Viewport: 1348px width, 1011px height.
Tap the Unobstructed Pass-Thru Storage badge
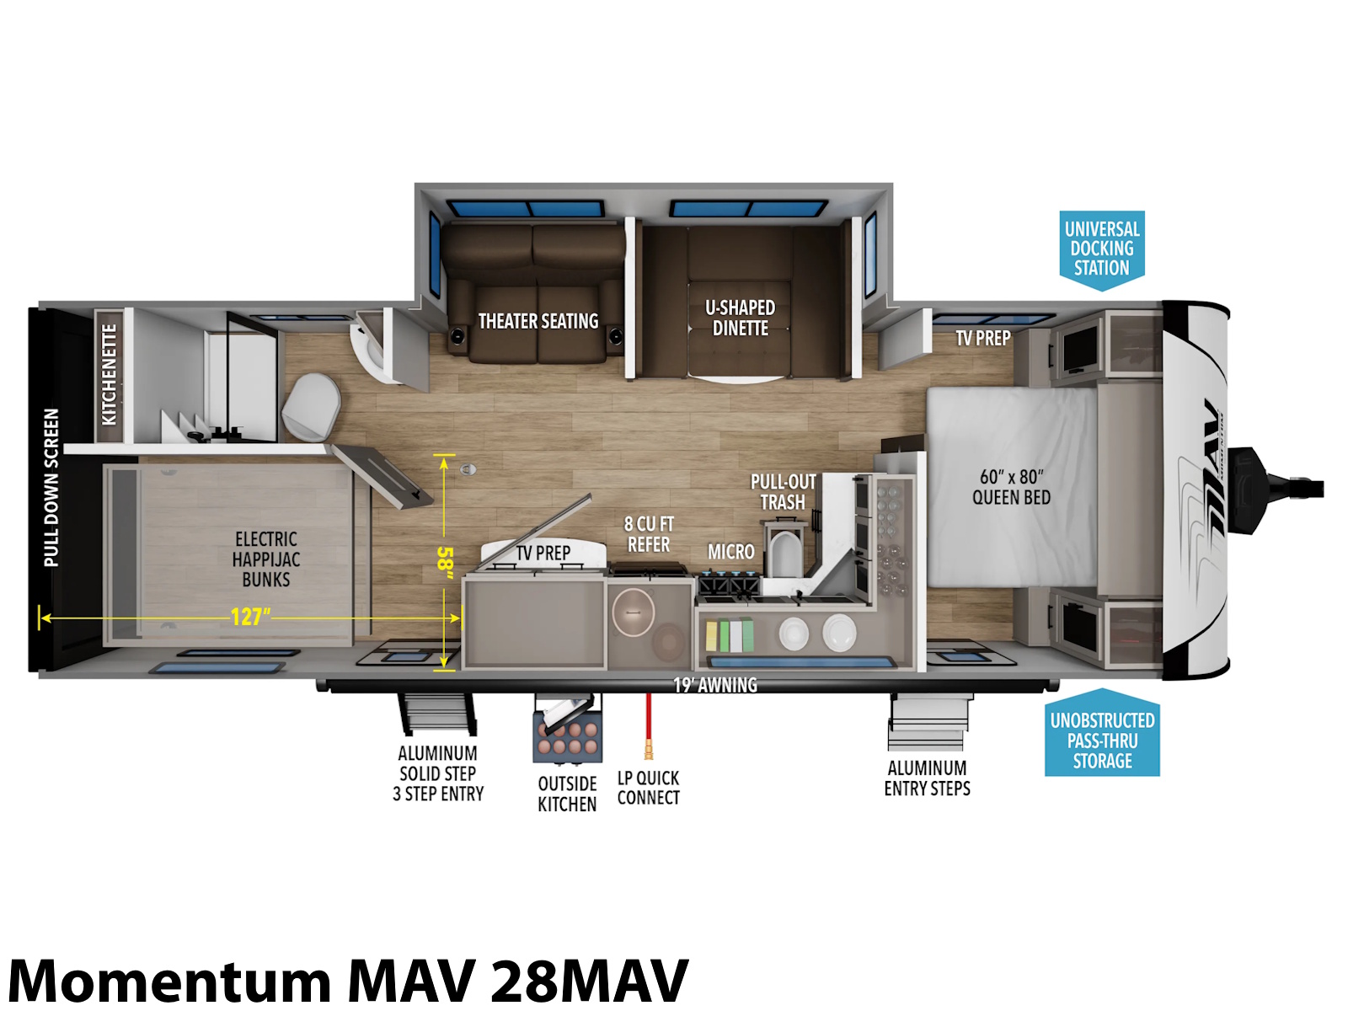[x=1102, y=734]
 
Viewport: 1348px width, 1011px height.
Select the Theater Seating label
[x=538, y=321]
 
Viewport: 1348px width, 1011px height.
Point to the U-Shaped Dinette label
[x=740, y=318]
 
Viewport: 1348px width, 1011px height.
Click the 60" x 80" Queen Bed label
[x=1011, y=487]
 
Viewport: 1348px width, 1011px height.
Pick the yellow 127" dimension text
[x=250, y=617]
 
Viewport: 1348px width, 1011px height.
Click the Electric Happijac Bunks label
[x=266, y=559]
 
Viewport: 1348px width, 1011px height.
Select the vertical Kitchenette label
[x=109, y=374]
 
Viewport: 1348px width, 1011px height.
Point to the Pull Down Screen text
[x=51, y=488]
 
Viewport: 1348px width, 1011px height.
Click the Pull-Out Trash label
[x=783, y=492]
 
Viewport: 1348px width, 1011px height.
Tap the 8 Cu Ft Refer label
[x=649, y=534]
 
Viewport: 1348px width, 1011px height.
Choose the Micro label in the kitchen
[x=730, y=552]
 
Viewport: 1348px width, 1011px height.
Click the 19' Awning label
[x=714, y=685]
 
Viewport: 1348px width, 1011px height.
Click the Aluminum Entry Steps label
[x=927, y=778]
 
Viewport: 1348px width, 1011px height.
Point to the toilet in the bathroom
[x=312, y=407]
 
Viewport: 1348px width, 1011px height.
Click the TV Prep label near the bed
[x=982, y=338]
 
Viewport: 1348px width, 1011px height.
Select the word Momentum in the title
[x=168, y=980]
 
